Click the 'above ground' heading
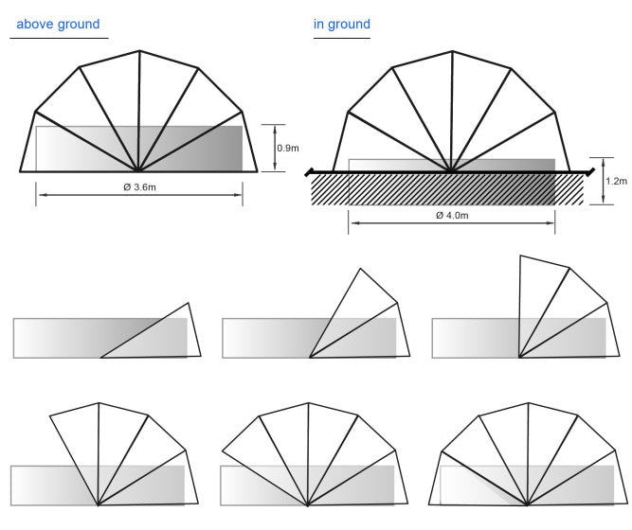(58, 24)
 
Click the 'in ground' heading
(342, 24)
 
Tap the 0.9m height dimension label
(287, 149)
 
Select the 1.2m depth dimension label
(615, 181)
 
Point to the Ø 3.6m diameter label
(139, 187)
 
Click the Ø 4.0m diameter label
(452, 216)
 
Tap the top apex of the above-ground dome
(139, 49)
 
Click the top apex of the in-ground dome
(452, 50)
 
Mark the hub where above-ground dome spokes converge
(139, 171)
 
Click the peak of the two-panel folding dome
(360, 269)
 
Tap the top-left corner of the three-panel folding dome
(521, 256)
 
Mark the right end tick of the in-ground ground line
(592, 172)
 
